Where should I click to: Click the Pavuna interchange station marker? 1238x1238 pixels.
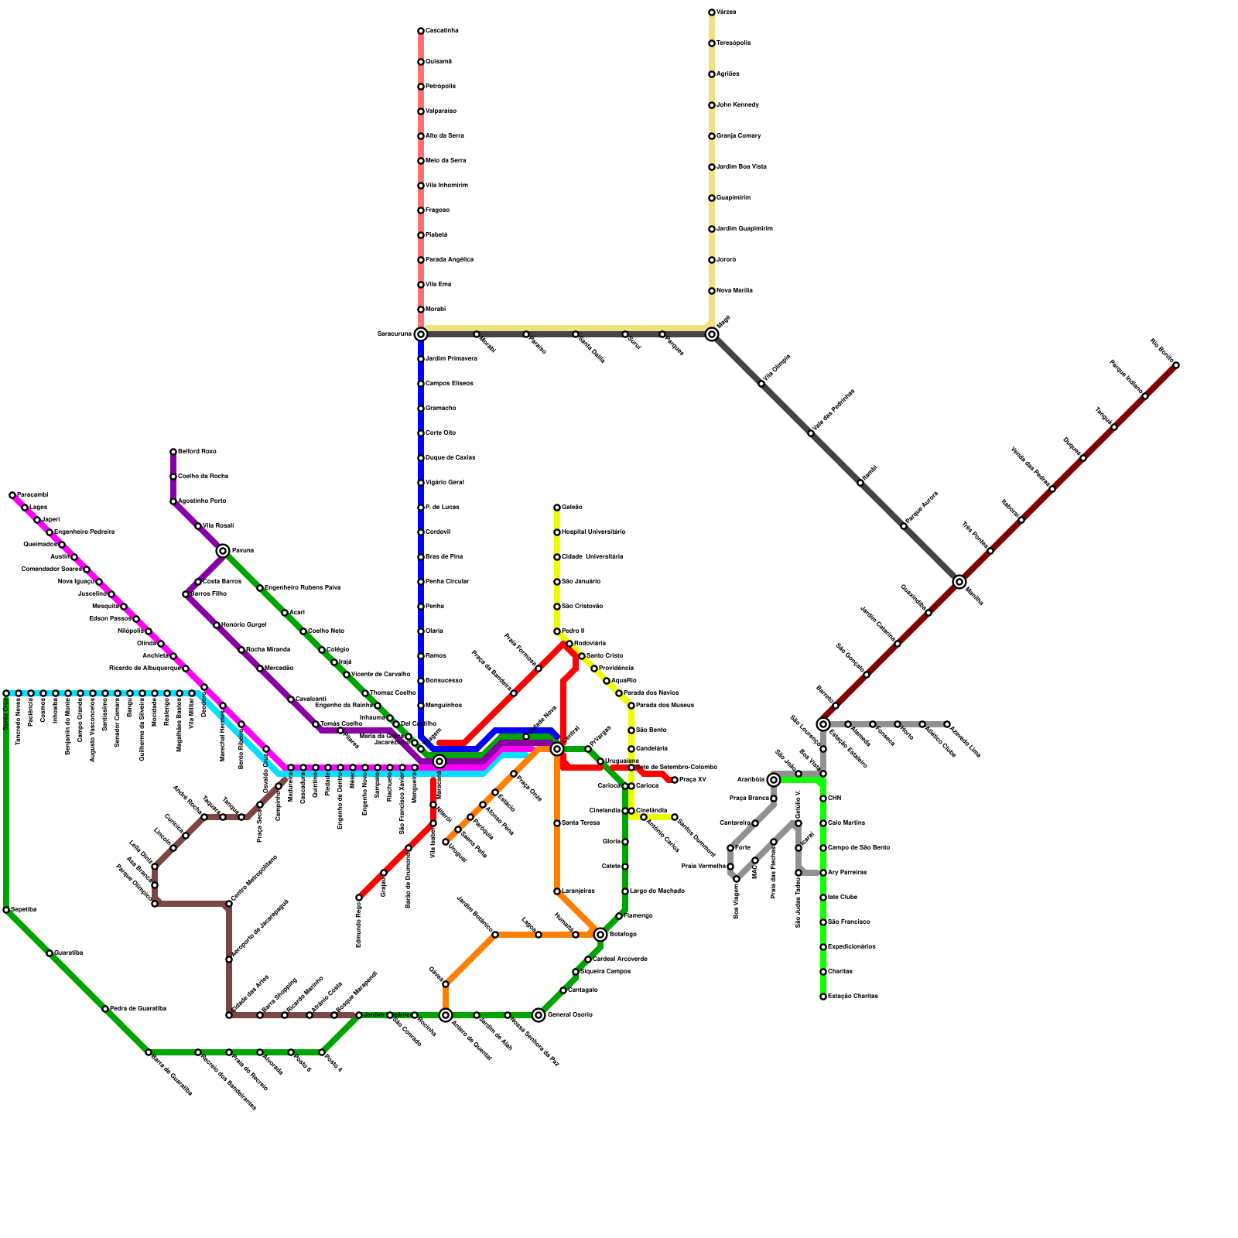tap(223, 551)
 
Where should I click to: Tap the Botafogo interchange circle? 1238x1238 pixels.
tap(600, 935)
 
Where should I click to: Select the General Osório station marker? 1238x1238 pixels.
tap(539, 1015)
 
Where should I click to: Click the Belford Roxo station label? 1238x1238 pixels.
tap(197, 452)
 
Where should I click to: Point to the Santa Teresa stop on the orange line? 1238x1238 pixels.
tap(557, 823)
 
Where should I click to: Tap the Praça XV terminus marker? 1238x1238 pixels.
tap(675, 780)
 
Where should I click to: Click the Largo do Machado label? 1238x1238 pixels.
tap(657, 891)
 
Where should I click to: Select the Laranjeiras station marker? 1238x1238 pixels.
tap(557, 891)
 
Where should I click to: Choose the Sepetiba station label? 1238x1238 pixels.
tap(24, 910)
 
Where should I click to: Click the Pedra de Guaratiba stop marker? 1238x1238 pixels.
tap(105, 1009)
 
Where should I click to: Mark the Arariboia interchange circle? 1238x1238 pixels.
tap(774, 780)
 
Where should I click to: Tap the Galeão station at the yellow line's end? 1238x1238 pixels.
tap(557, 508)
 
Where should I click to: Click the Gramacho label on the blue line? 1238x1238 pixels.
tap(440, 409)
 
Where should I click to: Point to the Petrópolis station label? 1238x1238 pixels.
tap(440, 87)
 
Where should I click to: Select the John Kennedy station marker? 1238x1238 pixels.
tap(712, 105)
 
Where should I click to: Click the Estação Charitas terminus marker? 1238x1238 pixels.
tap(823, 997)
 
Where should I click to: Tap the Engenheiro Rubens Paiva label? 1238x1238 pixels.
tap(303, 588)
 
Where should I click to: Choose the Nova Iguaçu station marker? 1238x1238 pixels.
tap(99, 582)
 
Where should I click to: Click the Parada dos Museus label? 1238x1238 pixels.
tap(665, 706)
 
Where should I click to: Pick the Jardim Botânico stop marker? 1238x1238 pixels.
tap(495, 935)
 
